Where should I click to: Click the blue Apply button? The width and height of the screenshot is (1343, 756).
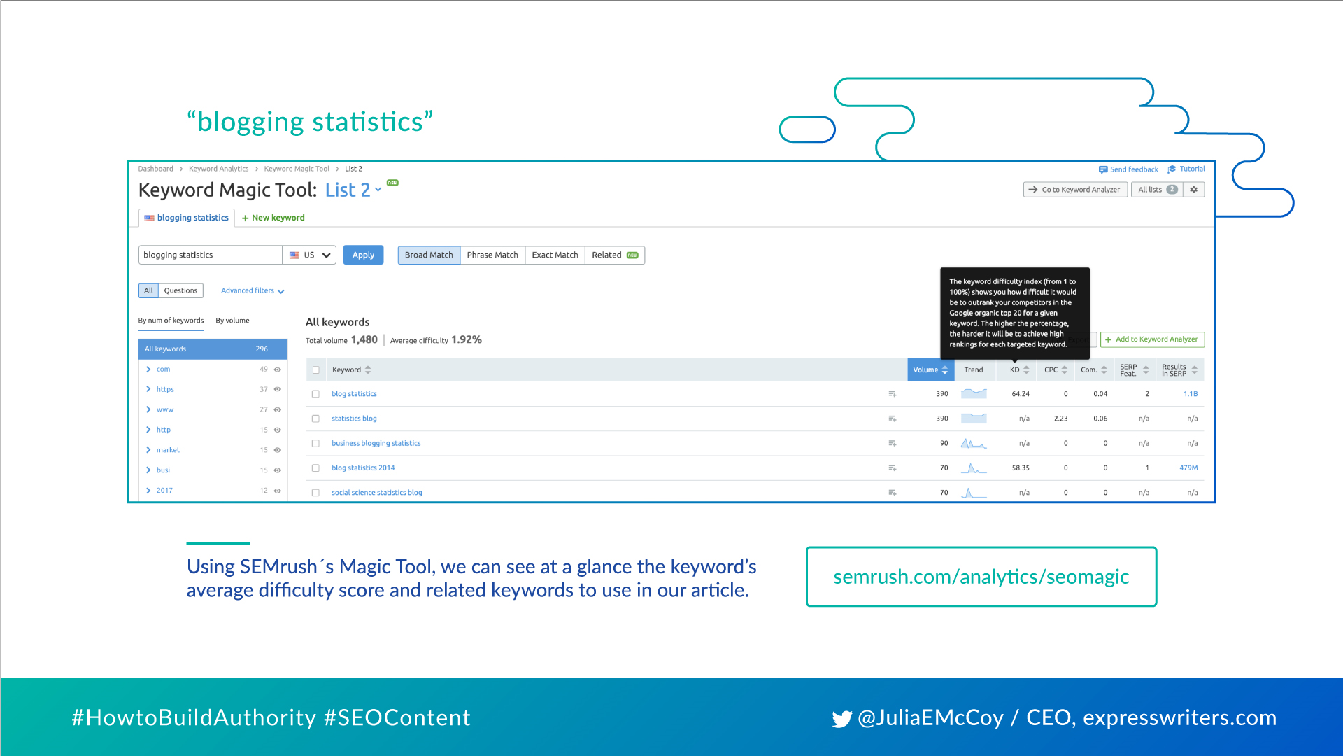pyautogui.click(x=363, y=255)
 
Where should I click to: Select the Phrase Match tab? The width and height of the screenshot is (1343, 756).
pyautogui.click(x=492, y=255)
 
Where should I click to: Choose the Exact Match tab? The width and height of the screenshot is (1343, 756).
pyautogui.click(x=555, y=255)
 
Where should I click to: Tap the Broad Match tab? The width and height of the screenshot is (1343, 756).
pyautogui.click(x=429, y=255)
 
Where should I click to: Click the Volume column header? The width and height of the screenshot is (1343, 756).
pyautogui.click(x=930, y=370)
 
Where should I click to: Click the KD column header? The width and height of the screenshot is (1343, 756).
pyautogui.click(x=1019, y=370)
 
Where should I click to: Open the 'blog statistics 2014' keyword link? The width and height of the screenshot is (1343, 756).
pyautogui.click(x=363, y=468)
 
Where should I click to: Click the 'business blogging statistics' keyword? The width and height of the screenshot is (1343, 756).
pyautogui.click(x=376, y=444)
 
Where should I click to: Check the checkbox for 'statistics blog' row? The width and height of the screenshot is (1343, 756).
pyautogui.click(x=315, y=419)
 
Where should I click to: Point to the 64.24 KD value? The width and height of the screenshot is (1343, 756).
pyautogui.click(x=1021, y=394)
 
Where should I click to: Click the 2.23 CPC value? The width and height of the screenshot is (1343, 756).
pyautogui.click(x=1060, y=419)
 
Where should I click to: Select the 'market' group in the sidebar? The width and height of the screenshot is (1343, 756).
pyautogui.click(x=168, y=450)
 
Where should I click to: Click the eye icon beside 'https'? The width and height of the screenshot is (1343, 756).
pyautogui.click(x=278, y=390)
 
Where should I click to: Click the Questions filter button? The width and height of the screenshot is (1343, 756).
pyautogui.click(x=180, y=291)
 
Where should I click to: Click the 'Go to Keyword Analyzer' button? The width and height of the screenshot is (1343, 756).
pyautogui.click(x=1075, y=190)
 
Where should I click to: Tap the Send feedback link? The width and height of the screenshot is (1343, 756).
pyautogui.click(x=1128, y=169)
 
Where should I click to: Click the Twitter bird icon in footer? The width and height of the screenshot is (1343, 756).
pyautogui.click(x=841, y=719)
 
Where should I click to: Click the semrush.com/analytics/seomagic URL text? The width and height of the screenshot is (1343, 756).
pyautogui.click(x=981, y=577)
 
